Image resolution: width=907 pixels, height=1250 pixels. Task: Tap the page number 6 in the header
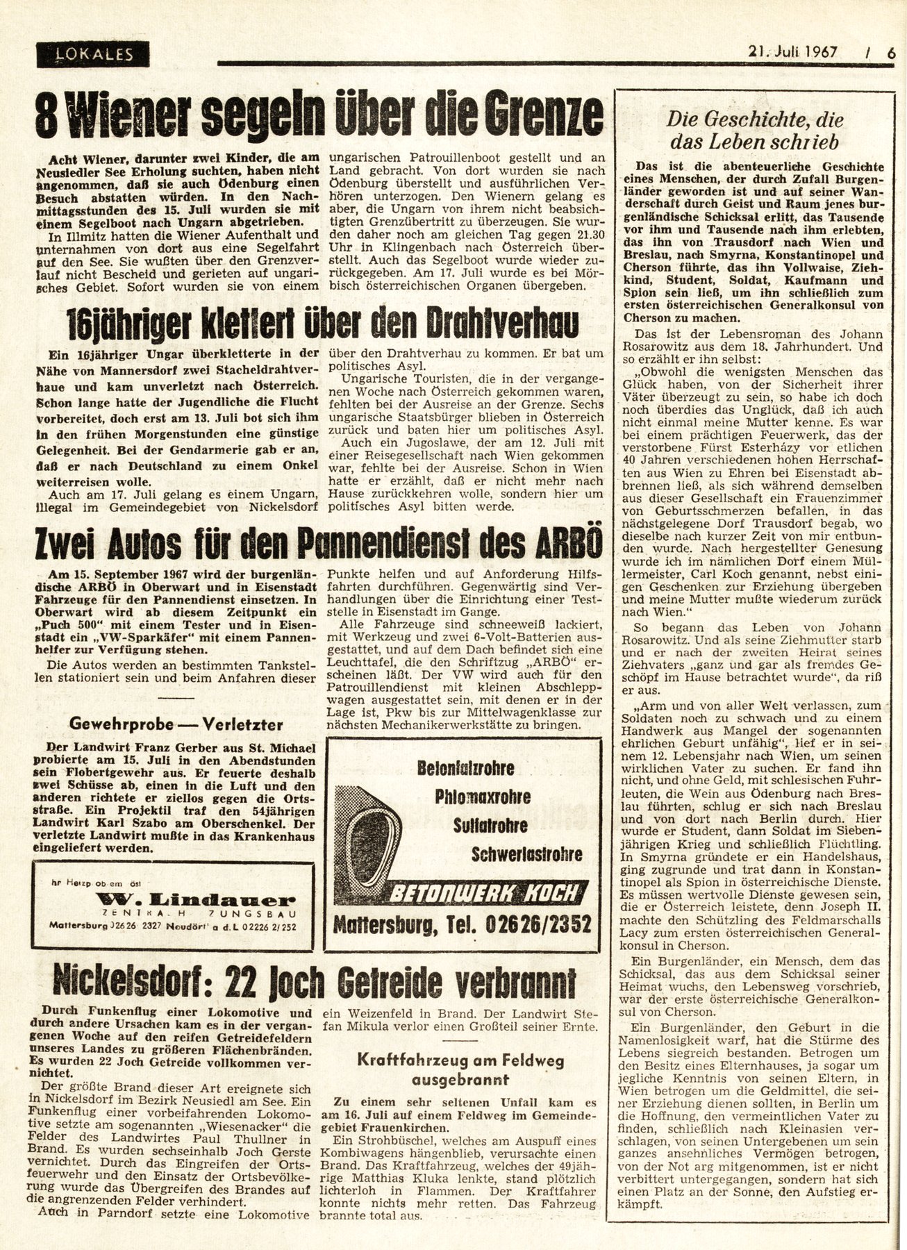pyautogui.click(x=891, y=51)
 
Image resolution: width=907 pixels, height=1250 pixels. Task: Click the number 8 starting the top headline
pyautogui.click(x=47, y=115)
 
